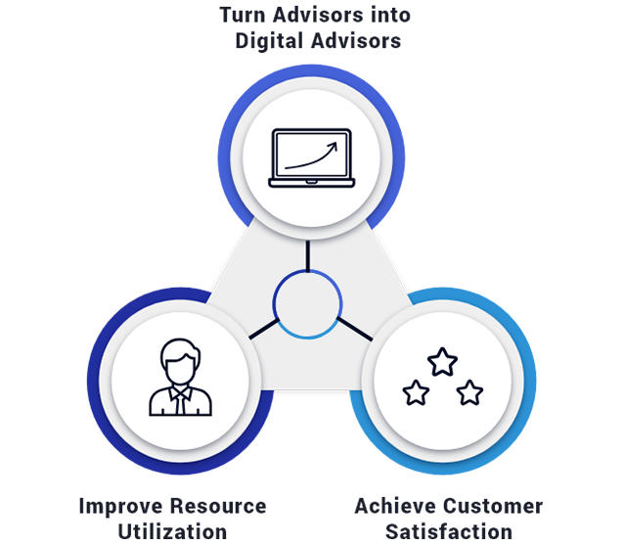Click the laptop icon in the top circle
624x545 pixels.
point(312,158)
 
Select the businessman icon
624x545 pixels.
point(180,378)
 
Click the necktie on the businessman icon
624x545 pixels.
point(181,402)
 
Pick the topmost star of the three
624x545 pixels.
point(442,361)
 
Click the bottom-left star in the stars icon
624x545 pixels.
point(416,392)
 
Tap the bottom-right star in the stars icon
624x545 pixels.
point(469,392)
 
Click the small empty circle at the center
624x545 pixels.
point(307,304)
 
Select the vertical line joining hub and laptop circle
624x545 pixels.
point(308,256)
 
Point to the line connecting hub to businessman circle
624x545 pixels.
point(264,329)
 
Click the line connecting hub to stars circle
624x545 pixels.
point(355,329)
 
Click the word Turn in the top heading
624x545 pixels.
point(243,15)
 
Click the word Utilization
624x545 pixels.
point(173,532)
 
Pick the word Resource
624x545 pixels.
point(218,506)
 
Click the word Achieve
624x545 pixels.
point(395,506)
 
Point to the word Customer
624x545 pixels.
point(493,507)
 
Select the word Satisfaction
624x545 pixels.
point(449,532)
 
